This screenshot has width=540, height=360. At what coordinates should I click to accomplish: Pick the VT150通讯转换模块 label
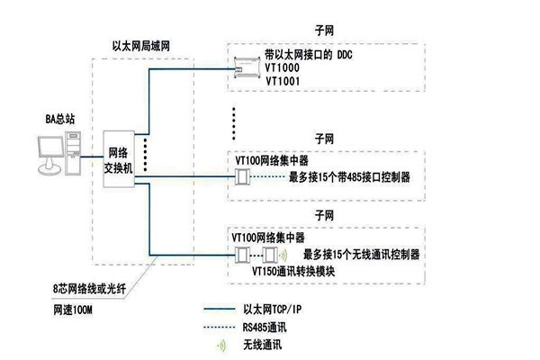tap(293, 269)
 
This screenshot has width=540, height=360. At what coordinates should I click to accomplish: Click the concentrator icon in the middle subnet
tap(241, 177)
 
